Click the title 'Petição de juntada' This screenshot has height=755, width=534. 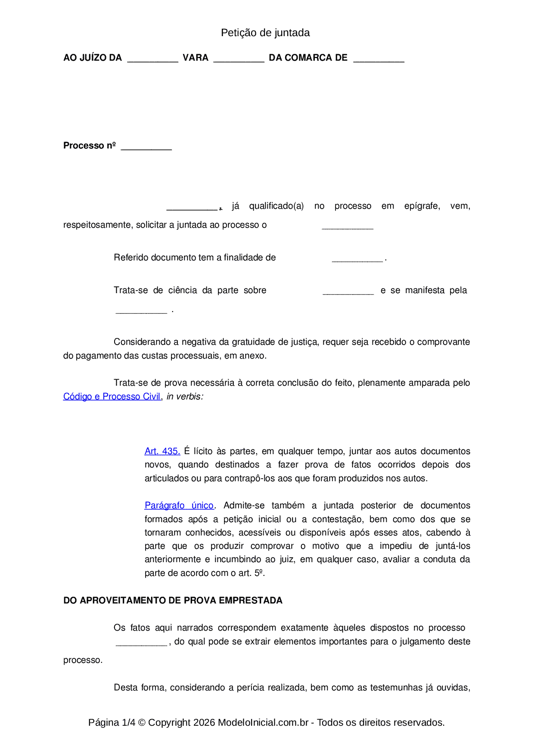click(265, 33)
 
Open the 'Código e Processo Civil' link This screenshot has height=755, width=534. click(112, 396)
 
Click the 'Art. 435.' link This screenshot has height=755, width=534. click(162, 451)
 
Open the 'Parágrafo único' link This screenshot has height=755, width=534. click(179, 505)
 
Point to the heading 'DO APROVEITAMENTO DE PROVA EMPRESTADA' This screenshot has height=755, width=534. click(173, 600)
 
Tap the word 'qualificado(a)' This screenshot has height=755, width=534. click(276, 206)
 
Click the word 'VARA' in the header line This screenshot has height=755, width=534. click(196, 58)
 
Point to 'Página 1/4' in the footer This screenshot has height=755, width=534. click(112, 722)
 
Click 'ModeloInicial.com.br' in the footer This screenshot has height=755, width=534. click(263, 722)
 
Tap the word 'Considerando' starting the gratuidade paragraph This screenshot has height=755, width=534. click(141, 342)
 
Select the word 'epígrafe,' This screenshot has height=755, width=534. click(422, 206)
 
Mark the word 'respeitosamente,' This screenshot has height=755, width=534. click(98, 225)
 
